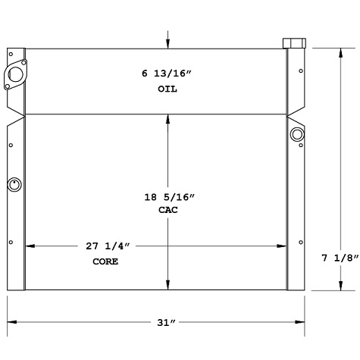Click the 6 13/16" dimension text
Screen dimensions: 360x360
pyautogui.click(x=167, y=74)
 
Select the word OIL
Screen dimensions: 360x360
pyautogui.click(x=167, y=89)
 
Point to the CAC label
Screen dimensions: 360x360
pyautogui.click(x=167, y=211)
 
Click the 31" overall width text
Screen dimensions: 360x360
pyautogui.click(x=167, y=323)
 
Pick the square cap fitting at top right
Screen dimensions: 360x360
pyautogui.click(x=293, y=42)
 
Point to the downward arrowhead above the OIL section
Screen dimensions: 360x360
pyautogui.click(x=167, y=45)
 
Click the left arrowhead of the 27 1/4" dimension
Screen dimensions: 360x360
pyautogui.click(x=30, y=246)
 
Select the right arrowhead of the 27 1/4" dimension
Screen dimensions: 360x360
pyautogui.click(x=283, y=246)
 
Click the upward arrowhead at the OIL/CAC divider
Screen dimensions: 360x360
pyautogui.click(x=167, y=119)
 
